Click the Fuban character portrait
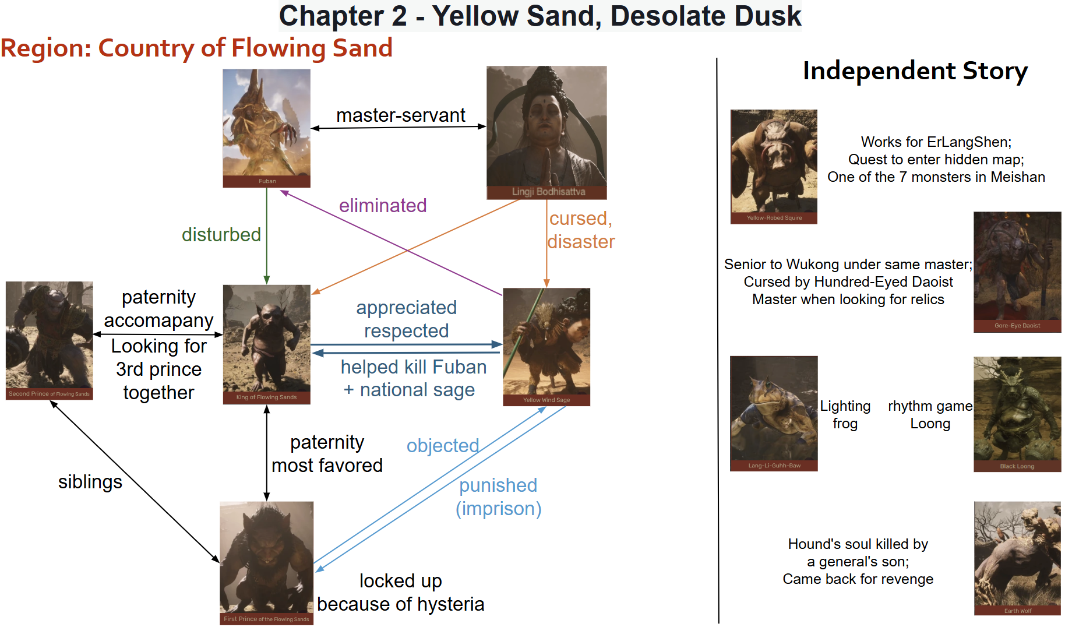pyautogui.click(x=266, y=128)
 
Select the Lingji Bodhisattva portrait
pyautogui.click(x=546, y=133)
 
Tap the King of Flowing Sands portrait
pyautogui.click(x=266, y=344)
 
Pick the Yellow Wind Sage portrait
pyautogui.click(x=546, y=347)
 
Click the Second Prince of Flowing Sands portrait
pyautogui.click(x=50, y=341)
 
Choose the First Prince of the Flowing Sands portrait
pyautogui.click(x=266, y=563)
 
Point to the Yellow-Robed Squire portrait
pyautogui.click(x=774, y=167)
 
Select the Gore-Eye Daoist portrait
pyautogui.click(x=1017, y=272)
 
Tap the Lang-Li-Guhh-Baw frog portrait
pyautogui.click(x=774, y=413)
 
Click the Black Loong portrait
pyautogui.click(x=1017, y=414)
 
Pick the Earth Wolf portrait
pyautogui.click(x=1017, y=558)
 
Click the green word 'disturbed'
pyautogui.click(x=221, y=235)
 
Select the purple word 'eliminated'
pyautogui.click(x=383, y=206)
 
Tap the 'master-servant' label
pyautogui.click(x=401, y=115)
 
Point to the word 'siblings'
pyautogui.click(x=90, y=482)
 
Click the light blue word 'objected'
pyautogui.click(x=443, y=446)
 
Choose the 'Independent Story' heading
pyautogui.click(x=915, y=71)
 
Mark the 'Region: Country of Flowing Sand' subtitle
pyautogui.click(x=196, y=48)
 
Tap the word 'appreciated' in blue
pyautogui.click(x=407, y=308)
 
